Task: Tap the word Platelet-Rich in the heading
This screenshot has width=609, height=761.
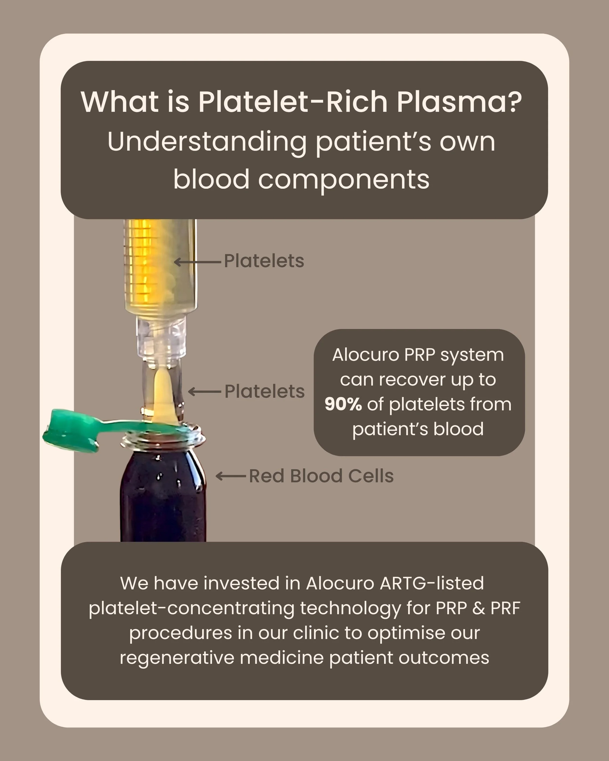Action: (x=293, y=102)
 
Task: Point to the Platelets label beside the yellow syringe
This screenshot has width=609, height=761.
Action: (x=264, y=261)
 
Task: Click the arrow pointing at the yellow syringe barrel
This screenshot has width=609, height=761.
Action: (x=198, y=262)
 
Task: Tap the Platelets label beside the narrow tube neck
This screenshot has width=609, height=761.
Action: (x=265, y=391)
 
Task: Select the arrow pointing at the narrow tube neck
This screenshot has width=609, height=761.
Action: (x=205, y=391)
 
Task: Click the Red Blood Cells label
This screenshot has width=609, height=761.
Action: (x=321, y=476)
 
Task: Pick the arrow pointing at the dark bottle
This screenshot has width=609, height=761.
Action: (x=230, y=476)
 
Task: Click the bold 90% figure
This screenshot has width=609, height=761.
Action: (x=343, y=404)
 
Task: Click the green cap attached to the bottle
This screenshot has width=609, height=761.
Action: (x=71, y=430)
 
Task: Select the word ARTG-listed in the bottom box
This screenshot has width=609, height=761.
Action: (x=431, y=583)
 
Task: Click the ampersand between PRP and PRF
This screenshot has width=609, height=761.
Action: (x=478, y=608)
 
